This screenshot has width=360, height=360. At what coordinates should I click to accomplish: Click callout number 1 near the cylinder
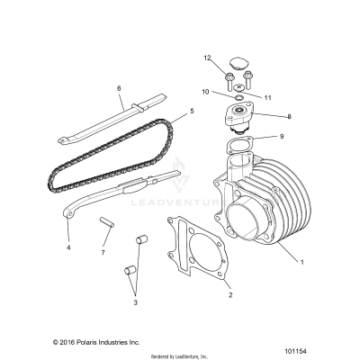point(303,262)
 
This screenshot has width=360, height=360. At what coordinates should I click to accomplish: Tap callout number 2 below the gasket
point(229,293)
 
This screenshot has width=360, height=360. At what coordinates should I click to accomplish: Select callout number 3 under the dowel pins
point(136,303)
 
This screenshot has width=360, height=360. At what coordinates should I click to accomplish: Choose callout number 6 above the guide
point(119,88)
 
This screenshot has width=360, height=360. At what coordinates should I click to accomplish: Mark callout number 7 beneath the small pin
point(103,253)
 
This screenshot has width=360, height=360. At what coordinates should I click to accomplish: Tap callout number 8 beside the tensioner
point(264,116)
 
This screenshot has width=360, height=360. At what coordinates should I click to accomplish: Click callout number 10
point(204,91)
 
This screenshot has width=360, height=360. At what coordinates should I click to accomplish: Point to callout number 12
point(206,58)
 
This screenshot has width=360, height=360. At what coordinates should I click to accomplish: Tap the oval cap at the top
point(239,62)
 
